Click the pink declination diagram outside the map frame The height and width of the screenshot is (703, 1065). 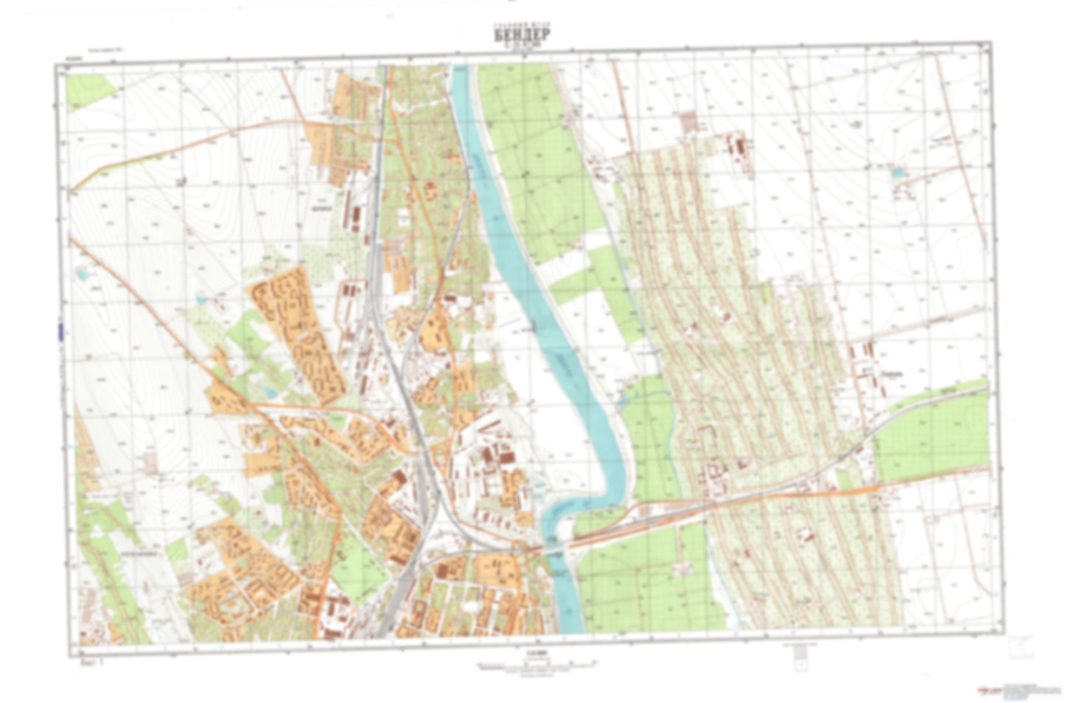tap(1022, 647)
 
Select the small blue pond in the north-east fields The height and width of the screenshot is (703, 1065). tap(896, 172)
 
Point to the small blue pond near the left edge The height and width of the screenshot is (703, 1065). tap(80, 274)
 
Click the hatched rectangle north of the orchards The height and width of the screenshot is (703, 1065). tap(689, 122)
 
